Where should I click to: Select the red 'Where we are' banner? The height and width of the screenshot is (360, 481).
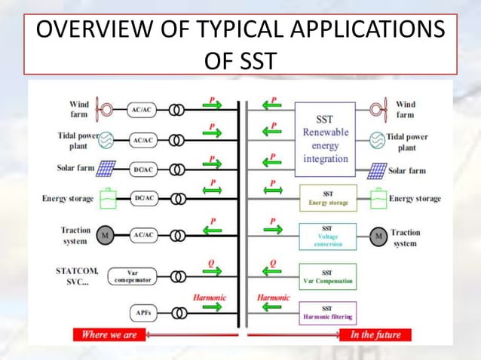coord(109,334)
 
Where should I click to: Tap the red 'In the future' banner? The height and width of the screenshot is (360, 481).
coord(370,334)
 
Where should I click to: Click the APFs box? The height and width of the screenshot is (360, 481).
coord(140,312)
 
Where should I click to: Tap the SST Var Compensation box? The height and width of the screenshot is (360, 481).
coord(327,276)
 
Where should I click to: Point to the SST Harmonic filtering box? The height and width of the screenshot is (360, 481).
coord(327,312)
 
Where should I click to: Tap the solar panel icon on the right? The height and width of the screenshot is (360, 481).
coord(377,171)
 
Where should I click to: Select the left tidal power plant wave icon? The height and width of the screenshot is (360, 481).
coord(107,139)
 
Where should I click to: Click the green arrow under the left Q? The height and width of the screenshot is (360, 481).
coord(213,276)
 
